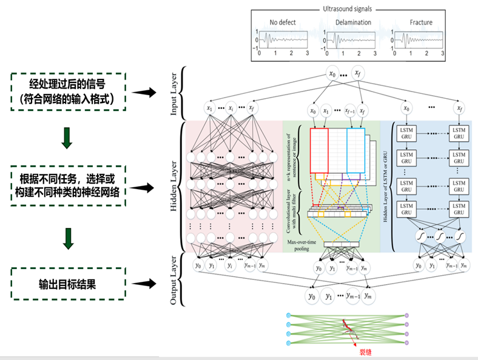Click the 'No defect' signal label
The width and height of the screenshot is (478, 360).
pyautogui.click(x=283, y=22)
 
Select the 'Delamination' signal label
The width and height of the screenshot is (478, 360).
pyautogui.click(x=352, y=22)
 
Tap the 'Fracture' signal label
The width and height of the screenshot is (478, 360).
pyautogui.click(x=421, y=22)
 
